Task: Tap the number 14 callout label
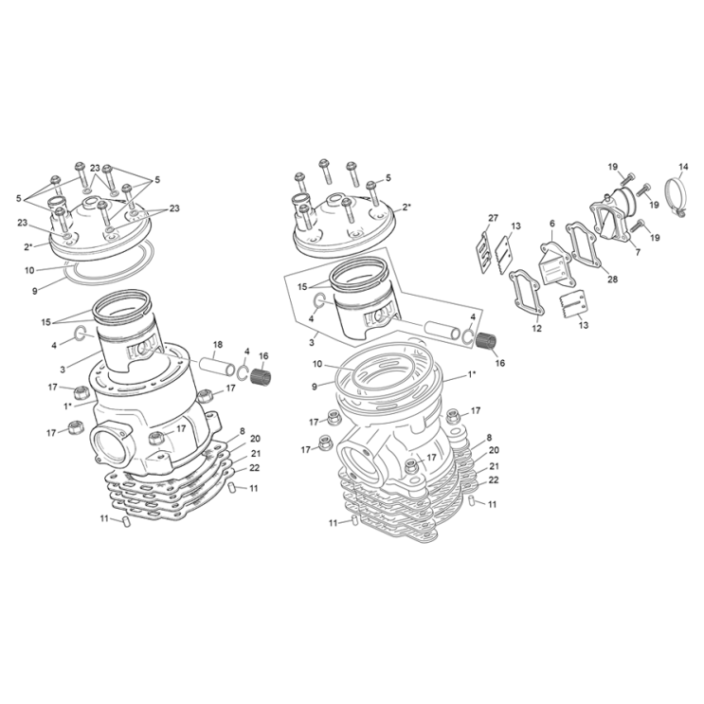[682, 168]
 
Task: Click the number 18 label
[217, 344]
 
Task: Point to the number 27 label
[492, 219]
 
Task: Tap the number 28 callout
[612, 279]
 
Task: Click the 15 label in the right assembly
[303, 285]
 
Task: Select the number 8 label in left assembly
[243, 431]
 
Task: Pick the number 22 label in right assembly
[494, 480]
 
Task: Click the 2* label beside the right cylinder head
[406, 207]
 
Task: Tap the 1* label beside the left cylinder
[67, 405]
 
